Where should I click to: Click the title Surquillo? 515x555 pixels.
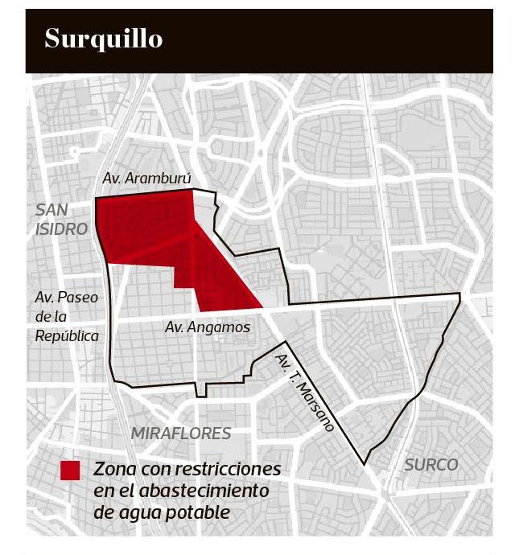103,39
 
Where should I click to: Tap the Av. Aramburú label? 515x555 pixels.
146,178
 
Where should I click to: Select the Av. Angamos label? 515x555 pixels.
207,327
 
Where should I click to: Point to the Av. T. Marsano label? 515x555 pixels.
304,393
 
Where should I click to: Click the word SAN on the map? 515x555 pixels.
53,210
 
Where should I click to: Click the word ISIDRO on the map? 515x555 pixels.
61,229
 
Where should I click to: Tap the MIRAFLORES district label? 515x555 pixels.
181,434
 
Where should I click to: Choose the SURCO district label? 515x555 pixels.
431,464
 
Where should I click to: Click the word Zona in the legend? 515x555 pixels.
113,469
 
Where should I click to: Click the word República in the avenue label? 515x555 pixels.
67,336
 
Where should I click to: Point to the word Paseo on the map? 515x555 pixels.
76,298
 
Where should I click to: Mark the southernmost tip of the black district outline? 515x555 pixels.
365,464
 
